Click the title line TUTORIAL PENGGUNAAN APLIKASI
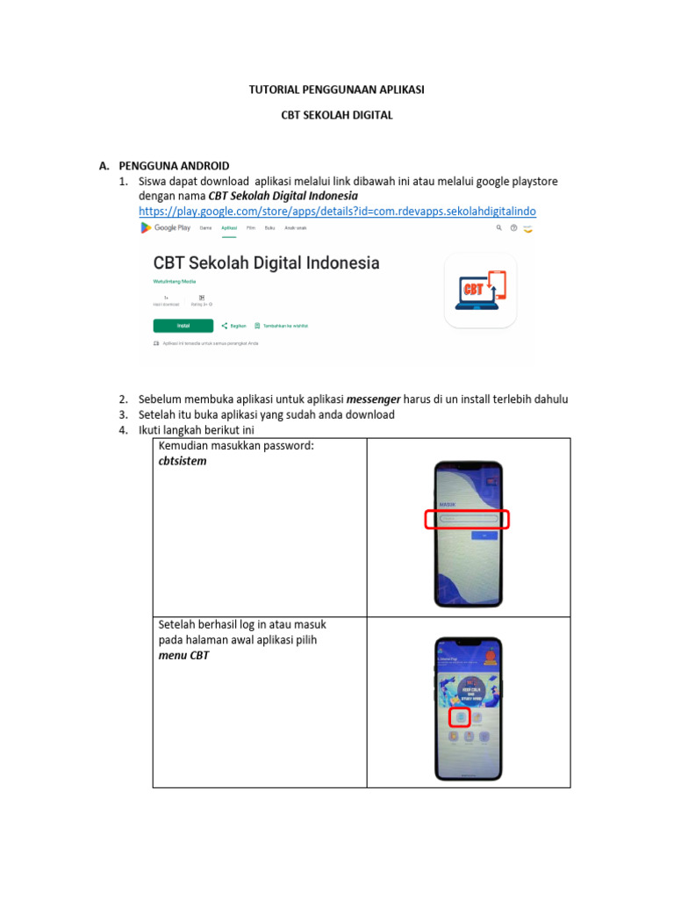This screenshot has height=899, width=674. (x=337, y=90)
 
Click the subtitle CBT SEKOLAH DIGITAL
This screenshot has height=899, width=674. (x=337, y=115)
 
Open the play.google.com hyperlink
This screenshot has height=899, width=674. (x=337, y=212)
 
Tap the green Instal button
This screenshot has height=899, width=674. (x=183, y=325)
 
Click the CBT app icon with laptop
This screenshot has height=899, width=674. (x=479, y=291)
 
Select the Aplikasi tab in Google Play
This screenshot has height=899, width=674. (x=229, y=227)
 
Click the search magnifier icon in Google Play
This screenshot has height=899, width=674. (x=499, y=227)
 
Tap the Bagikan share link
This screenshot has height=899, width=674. (x=234, y=326)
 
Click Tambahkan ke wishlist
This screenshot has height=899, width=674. (x=279, y=326)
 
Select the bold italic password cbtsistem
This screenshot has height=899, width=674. (x=183, y=461)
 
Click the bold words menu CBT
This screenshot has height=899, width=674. (x=183, y=655)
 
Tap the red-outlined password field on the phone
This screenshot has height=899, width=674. (x=467, y=519)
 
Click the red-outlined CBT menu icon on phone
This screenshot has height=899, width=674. (x=460, y=716)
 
